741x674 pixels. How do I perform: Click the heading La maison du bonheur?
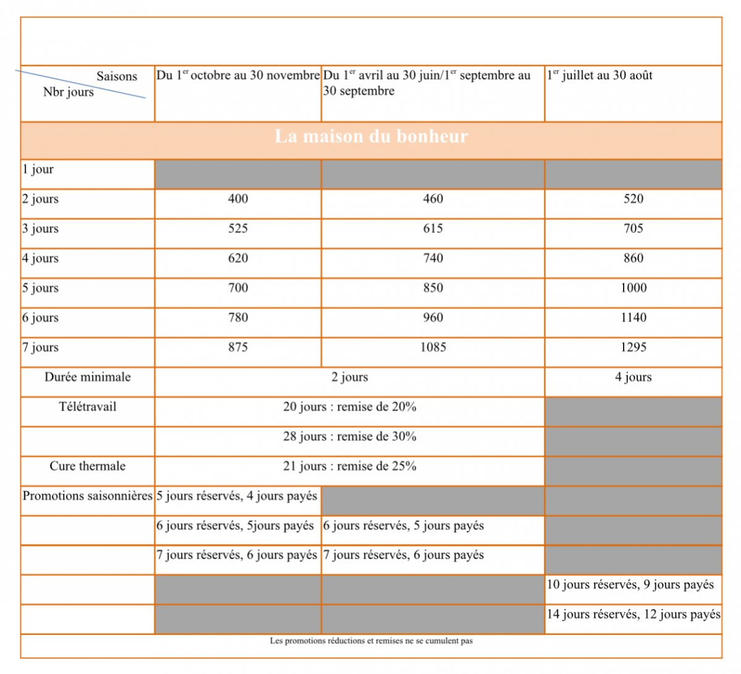point(371,137)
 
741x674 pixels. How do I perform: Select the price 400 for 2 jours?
point(238,199)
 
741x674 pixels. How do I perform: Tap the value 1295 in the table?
point(633,347)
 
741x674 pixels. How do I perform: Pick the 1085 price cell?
point(433,347)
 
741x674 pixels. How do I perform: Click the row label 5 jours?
point(40,288)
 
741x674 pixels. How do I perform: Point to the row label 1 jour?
point(38,169)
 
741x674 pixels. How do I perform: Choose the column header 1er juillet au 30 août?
point(599,75)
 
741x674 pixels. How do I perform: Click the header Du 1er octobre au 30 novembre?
point(238,75)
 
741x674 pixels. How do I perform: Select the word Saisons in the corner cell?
point(117,77)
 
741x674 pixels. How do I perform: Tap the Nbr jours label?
point(69,92)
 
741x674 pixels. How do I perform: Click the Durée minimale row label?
point(88,377)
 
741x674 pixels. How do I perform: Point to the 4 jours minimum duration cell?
point(633,377)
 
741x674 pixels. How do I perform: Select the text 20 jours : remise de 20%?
point(350,407)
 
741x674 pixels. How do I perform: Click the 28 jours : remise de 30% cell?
point(350,436)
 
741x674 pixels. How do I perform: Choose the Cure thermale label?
point(88,466)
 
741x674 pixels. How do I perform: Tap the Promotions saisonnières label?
point(88,495)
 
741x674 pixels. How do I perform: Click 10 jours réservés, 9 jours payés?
point(630,584)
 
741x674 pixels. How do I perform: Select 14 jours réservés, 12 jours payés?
point(633,614)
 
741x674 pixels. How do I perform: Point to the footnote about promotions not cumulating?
point(371,641)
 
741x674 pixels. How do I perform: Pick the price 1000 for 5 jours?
point(633,288)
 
